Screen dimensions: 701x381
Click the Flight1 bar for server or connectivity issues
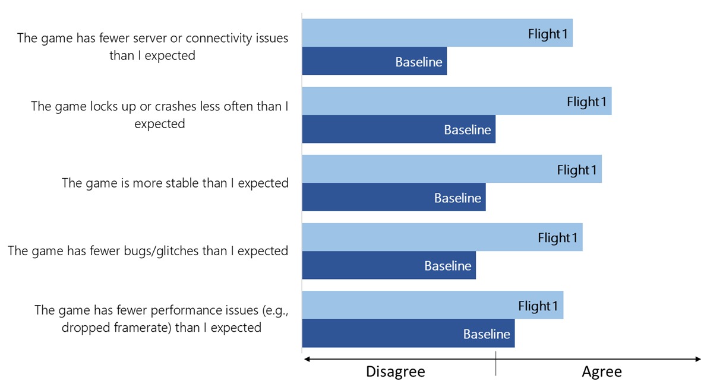tap(437, 33)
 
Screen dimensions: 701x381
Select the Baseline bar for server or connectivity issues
tap(374, 61)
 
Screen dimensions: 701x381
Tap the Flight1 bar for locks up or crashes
tap(457, 101)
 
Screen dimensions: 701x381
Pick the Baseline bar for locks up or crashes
tap(399, 129)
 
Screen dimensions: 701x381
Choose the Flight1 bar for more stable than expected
tap(452, 169)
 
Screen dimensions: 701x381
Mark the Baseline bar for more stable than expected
tap(394, 197)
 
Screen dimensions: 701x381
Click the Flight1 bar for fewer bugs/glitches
tap(442, 237)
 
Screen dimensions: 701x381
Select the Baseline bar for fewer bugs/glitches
tap(389, 265)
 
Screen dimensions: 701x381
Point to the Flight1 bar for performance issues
tap(432, 305)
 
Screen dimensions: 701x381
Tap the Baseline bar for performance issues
tap(408, 333)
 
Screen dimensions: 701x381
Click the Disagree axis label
tap(396, 372)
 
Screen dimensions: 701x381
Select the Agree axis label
tap(602, 372)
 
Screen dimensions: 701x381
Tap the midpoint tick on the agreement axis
tap(496, 363)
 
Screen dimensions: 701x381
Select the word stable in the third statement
tap(187, 183)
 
